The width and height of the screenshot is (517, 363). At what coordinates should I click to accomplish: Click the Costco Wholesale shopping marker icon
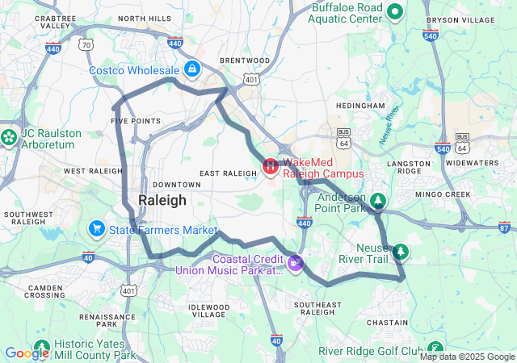191,68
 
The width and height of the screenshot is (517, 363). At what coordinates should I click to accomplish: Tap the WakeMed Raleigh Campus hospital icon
270,167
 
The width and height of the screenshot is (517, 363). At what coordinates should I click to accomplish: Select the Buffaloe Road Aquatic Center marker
395,11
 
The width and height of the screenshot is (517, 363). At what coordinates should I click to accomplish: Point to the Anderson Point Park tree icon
378,200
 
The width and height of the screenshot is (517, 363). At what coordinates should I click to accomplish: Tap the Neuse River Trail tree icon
400,253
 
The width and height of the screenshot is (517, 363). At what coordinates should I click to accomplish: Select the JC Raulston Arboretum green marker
9,137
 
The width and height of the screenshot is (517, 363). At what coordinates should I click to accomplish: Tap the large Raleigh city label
162,200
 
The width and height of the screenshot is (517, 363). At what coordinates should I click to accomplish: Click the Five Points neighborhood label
135,121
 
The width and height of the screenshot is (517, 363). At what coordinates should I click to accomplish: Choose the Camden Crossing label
45,291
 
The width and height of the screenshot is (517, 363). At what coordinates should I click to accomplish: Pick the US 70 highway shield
86,45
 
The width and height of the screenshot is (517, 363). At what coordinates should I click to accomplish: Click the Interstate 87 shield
505,227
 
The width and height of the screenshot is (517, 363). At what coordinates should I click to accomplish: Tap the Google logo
27,353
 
